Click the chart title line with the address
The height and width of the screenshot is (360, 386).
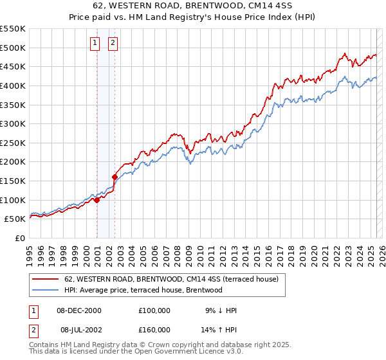click(x=192, y=6)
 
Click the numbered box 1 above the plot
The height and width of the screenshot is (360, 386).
click(x=95, y=43)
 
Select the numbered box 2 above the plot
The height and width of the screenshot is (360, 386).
click(x=113, y=43)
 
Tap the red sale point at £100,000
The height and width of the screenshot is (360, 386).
click(x=96, y=200)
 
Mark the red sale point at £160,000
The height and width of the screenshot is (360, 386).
click(x=115, y=177)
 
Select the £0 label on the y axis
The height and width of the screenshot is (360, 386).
click(x=20, y=238)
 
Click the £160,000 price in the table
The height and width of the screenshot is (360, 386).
click(x=154, y=329)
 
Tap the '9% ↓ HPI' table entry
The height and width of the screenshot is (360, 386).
click(x=219, y=310)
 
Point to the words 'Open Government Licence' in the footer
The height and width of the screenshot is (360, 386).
click(x=193, y=352)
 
